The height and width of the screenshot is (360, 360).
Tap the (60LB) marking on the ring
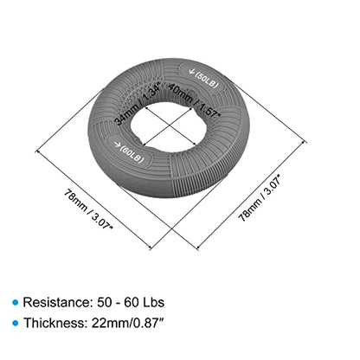132,154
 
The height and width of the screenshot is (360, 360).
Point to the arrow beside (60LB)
116,145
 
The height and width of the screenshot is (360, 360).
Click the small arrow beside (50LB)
190,71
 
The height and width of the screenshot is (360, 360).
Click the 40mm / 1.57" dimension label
195,100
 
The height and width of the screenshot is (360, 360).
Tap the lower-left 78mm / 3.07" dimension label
88,209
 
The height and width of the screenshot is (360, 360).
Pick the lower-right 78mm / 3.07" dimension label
259,198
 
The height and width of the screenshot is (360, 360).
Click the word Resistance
57,302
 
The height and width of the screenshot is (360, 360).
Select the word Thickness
55,323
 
